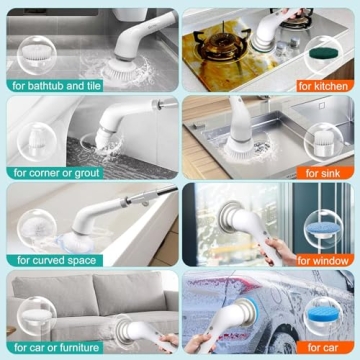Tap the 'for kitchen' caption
point(323,85)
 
